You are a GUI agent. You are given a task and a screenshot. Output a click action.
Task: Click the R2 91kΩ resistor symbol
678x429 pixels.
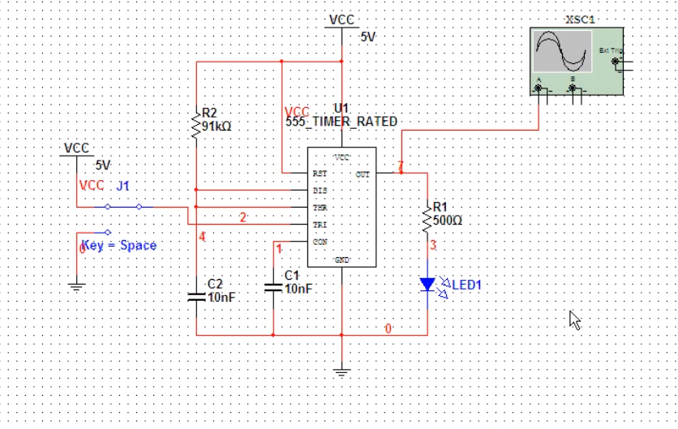[x=195, y=123]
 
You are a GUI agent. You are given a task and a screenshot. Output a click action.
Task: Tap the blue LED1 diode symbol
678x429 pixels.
[x=427, y=285]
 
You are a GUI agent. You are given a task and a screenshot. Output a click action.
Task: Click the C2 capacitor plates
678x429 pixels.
[x=195, y=296]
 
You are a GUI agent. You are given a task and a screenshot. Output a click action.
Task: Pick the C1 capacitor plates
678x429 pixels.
[x=272, y=288]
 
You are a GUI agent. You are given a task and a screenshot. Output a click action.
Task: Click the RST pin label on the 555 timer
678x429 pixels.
[x=320, y=174]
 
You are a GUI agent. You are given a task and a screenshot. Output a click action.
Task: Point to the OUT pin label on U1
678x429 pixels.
[x=362, y=174]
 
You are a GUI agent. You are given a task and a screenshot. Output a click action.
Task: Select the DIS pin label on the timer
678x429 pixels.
[x=320, y=191]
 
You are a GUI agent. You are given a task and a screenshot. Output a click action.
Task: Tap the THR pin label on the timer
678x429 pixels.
[x=320, y=208]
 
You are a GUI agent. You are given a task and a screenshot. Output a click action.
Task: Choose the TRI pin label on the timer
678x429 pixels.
[x=320, y=225]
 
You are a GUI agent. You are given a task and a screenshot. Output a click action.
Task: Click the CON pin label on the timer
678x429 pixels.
[x=320, y=242]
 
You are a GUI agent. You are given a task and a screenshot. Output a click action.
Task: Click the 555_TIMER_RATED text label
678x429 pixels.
[x=341, y=122]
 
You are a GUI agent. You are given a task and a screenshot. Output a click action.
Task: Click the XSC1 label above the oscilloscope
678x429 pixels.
[x=579, y=19]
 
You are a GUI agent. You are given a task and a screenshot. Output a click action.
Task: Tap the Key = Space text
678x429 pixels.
[x=119, y=245]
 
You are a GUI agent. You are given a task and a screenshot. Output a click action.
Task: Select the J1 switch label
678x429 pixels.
[x=122, y=186]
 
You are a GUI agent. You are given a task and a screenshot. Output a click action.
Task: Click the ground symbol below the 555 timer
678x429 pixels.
[x=341, y=372]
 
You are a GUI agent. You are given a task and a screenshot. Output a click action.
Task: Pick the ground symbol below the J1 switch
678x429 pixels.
[x=76, y=285]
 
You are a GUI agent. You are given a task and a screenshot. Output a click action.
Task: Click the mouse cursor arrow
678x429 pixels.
[x=574, y=320]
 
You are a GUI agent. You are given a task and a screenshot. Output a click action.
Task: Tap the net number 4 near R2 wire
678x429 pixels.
[x=203, y=237]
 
